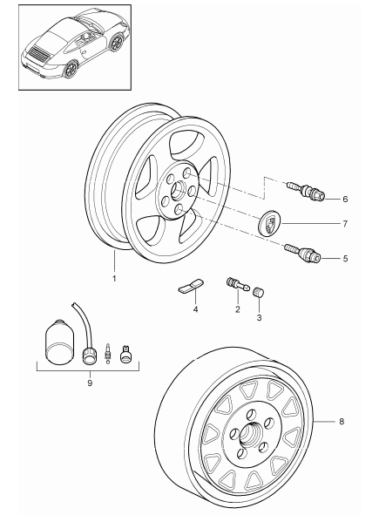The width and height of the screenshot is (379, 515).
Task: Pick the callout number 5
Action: pos(344,258)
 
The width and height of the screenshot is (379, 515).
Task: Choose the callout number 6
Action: pos(344,199)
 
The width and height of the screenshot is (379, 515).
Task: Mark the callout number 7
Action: pos(344,224)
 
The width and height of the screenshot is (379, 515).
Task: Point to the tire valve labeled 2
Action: pos(236,283)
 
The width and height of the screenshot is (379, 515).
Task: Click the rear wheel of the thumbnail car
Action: pos(71,72)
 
